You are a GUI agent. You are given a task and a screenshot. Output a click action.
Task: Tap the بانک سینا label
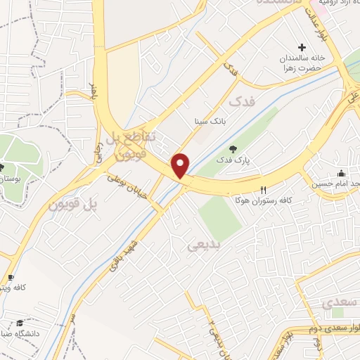pos(211,121)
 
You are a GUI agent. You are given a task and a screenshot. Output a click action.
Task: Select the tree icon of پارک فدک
pos(233,148)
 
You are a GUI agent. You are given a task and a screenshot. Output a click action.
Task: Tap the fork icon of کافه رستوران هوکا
pos(264,189)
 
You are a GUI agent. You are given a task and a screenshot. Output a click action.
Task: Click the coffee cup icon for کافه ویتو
pos(11,278)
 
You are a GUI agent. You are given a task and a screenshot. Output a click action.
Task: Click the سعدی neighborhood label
pos(336,303)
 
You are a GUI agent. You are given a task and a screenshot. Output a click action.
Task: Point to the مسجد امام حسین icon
pos(342,174)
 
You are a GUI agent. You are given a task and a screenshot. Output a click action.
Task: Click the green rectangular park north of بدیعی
pos(220,217)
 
